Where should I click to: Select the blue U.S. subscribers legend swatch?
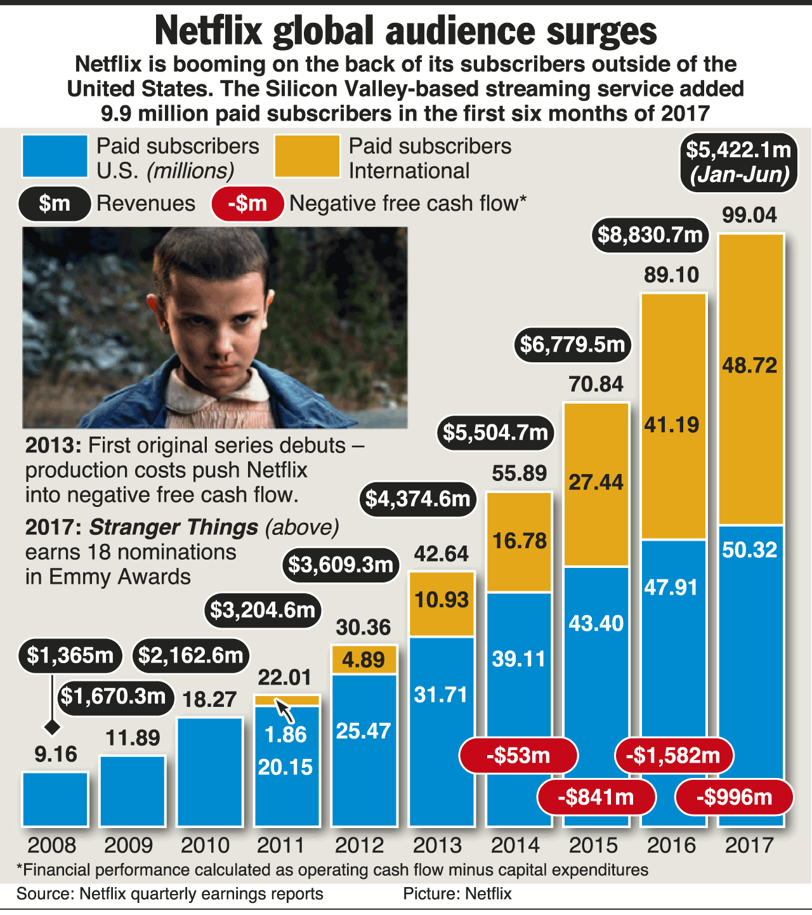click(x=55, y=156)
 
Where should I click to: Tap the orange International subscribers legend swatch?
click(x=307, y=156)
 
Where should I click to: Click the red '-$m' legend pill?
click(x=247, y=204)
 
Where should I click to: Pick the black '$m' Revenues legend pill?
click(x=55, y=204)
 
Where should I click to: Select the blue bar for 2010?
click(x=210, y=771)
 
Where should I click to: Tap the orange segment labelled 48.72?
click(x=750, y=379)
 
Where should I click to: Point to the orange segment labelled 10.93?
click(x=442, y=603)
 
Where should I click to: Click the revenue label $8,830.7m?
click(x=651, y=235)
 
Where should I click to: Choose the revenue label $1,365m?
click(x=70, y=655)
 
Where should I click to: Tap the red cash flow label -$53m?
click(x=518, y=756)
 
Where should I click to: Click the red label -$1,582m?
click(x=674, y=756)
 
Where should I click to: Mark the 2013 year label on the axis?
click(x=438, y=845)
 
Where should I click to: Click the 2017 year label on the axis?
click(x=749, y=845)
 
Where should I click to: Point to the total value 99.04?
click(x=749, y=215)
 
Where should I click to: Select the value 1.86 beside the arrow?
click(x=285, y=734)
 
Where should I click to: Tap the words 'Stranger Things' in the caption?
click(x=173, y=527)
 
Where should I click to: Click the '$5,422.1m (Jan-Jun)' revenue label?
click(x=739, y=162)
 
